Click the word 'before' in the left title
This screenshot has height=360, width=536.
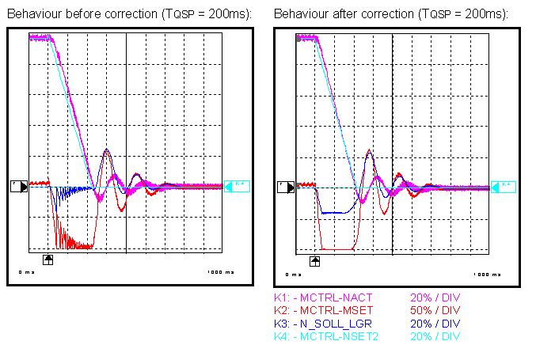[x=75, y=13]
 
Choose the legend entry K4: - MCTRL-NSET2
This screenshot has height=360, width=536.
[x=325, y=335]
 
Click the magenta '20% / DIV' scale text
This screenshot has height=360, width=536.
[x=435, y=297]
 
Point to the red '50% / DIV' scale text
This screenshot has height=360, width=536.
[x=435, y=310]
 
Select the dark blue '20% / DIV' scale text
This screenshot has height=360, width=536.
[x=435, y=323]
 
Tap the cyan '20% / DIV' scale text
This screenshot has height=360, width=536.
[x=435, y=335]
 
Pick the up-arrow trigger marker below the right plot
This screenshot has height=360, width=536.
[x=315, y=260]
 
